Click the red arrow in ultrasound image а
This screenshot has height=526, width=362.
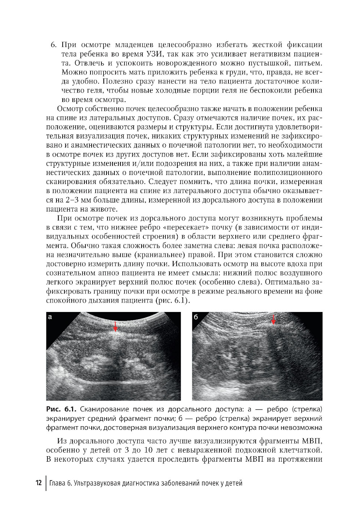(115, 326)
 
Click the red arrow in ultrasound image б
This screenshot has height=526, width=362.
(273, 320)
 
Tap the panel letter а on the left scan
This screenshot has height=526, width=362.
(51, 317)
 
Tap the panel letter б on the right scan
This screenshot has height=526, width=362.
(196, 317)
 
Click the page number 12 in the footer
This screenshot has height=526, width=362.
(38, 483)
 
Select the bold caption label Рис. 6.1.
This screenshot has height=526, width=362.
(61, 409)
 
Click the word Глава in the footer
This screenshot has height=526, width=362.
(58, 483)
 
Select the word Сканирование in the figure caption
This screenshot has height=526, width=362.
(102, 409)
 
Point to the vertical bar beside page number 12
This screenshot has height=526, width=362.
(46, 483)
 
